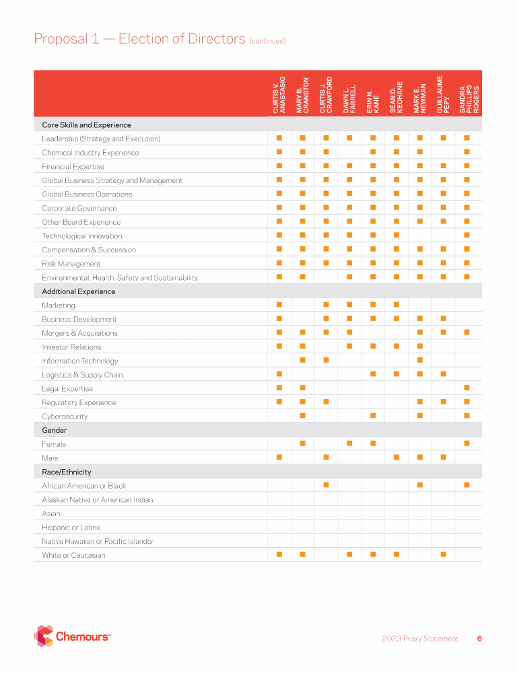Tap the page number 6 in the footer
tap(479, 639)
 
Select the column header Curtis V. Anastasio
tap(279, 94)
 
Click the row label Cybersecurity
tap(65, 417)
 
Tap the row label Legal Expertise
tap(67, 389)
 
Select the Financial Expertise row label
tap(73, 167)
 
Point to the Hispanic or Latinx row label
tap(71, 528)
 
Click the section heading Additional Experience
tap(78, 291)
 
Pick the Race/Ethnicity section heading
tap(66, 472)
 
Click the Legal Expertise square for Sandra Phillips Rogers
tap(467, 388)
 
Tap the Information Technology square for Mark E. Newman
tap(419, 361)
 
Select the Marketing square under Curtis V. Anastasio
tap(279, 306)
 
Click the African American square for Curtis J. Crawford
tap(326, 485)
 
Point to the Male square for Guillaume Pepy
tap(443, 458)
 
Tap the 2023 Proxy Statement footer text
tap(420, 639)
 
